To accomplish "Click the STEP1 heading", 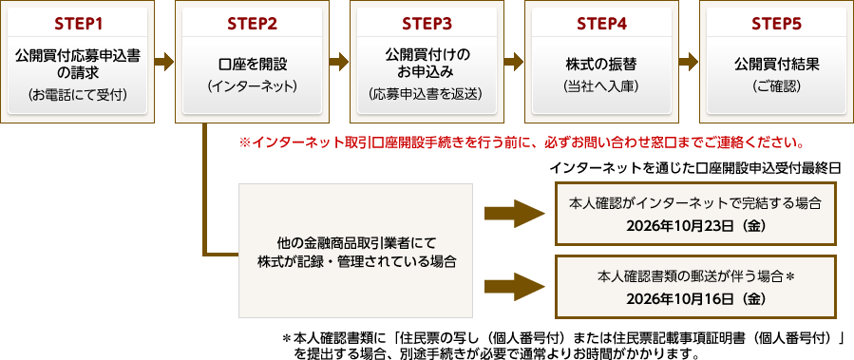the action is click(x=77, y=24).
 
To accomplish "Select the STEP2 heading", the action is click(x=252, y=24).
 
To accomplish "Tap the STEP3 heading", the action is click(x=427, y=24).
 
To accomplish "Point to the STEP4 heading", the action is click(x=602, y=24).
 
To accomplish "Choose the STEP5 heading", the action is click(x=777, y=24).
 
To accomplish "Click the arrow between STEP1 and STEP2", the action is click(x=164, y=62).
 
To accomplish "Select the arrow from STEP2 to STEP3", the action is click(x=339, y=62).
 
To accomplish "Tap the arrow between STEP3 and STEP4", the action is click(x=514, y=62).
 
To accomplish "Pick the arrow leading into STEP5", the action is click(x=689, y=62).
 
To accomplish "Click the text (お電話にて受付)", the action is click(x=77, y=96).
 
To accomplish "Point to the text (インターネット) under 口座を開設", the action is click(x=252, y=86).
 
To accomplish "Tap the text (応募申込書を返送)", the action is click(x=427, y=94).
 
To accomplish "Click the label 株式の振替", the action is click(x=602, y=64).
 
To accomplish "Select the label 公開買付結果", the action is click(x=777, y=64).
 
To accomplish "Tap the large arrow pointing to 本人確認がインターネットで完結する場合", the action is click(x=514, y=214).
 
